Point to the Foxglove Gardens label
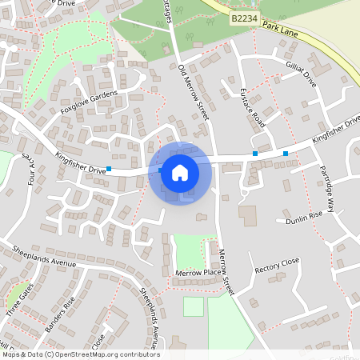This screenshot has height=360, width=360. (x=88, y=104)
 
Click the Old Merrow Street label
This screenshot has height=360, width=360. (x=193, y=92)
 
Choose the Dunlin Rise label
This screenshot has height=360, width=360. (x=304, y=216)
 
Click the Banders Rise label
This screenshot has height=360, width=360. (x=60, y=314)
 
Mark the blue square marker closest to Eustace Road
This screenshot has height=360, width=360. (x=255, y=153)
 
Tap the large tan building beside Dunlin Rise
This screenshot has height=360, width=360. (x=248, y=215)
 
